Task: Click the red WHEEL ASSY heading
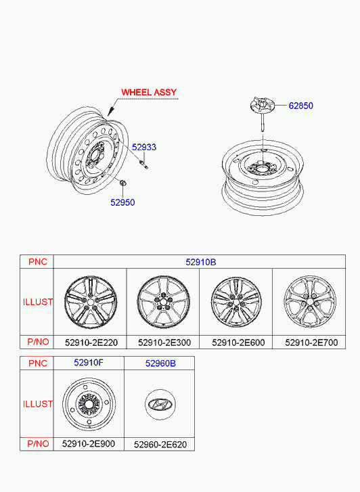pos(149,92)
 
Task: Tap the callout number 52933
pos(144,147)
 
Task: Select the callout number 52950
pos(122,202)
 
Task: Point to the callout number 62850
pos(300,106)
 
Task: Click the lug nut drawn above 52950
pos(123,182)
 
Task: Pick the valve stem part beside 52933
pos(143,164)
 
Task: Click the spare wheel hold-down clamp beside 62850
pos(263,114)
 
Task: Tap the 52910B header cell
pos(200,262)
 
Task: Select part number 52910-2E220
pos(91,342)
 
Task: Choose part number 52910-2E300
pos(164,342)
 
